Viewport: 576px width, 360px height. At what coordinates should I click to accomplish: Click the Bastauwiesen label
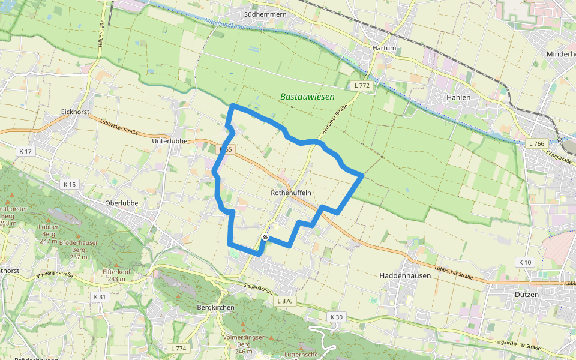307,96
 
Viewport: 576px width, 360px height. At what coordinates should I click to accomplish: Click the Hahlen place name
458,96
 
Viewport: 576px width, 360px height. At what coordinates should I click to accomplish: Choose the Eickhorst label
75,112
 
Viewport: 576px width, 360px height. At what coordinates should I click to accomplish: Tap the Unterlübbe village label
170,140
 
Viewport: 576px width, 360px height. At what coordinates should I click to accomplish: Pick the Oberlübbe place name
122,203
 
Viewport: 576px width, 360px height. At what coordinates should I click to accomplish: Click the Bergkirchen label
215,307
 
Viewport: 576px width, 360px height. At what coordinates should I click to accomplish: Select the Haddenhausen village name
407,275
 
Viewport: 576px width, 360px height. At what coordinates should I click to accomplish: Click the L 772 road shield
362,86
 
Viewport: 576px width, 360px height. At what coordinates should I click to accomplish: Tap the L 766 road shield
537,143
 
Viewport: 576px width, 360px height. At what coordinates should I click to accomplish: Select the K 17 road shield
25,151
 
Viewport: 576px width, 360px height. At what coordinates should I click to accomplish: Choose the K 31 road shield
100,296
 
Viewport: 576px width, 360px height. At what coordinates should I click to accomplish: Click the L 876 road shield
284,301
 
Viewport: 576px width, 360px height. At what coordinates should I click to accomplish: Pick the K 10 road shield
524,262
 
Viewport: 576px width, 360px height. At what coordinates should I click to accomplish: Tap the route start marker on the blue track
265,238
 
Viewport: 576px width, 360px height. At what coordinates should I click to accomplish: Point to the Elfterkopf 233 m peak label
117,274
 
